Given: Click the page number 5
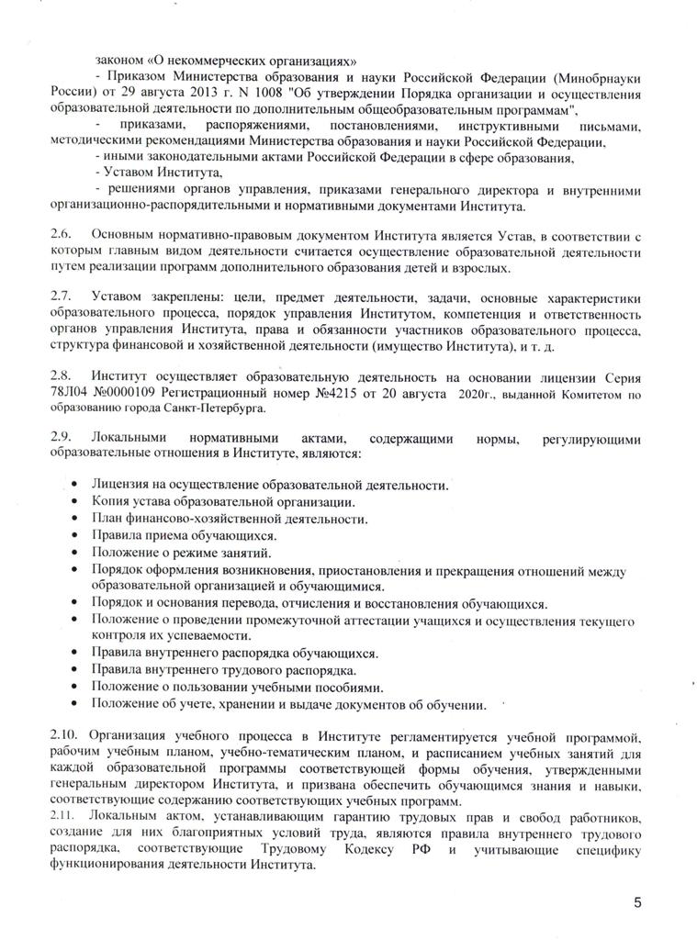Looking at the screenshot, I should point(637,903).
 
